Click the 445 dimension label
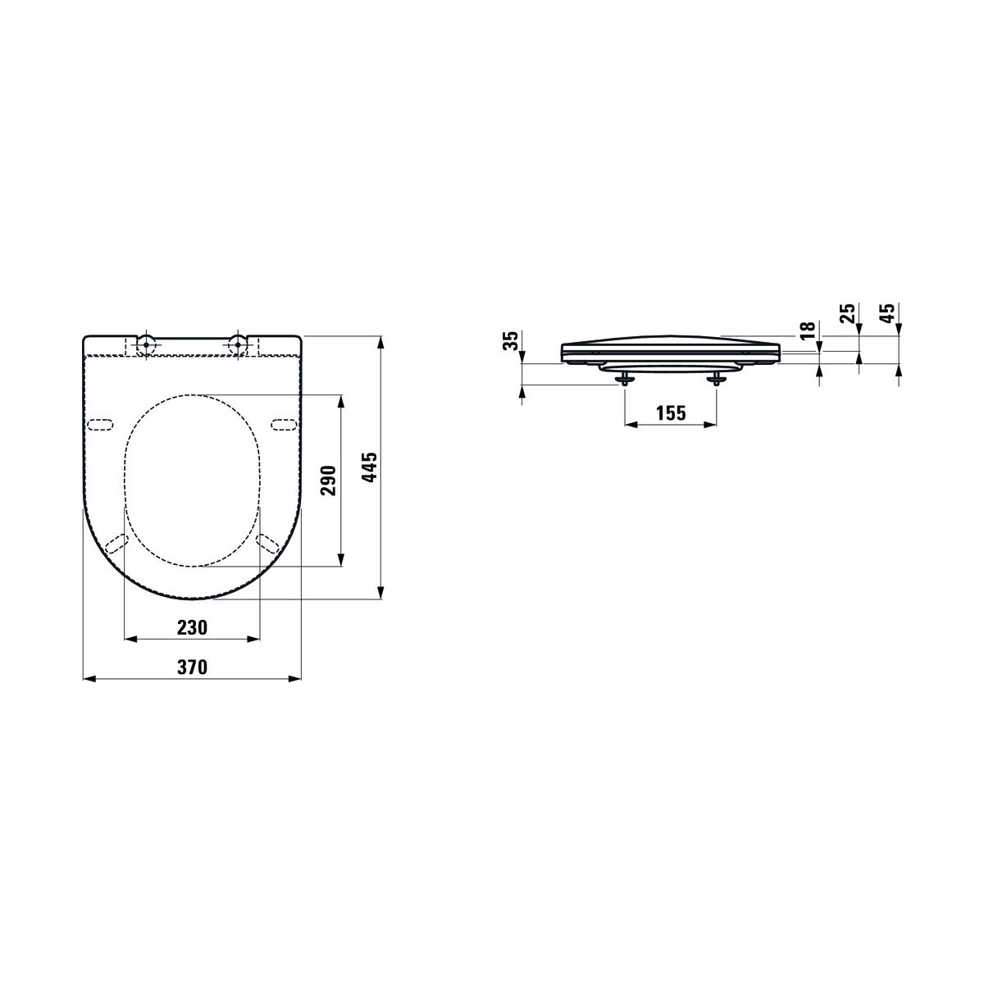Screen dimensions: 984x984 point(369,467)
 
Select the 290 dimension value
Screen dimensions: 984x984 point(328,480)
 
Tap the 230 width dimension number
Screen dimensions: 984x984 point(193,627)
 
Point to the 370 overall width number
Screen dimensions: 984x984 point(193,667)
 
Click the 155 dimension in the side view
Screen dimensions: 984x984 point(671,412)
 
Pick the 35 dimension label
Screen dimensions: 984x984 point(511,340)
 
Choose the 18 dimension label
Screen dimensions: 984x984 point(808,331)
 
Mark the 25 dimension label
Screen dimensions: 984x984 point(847,313)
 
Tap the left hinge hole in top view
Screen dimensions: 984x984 point(147,344)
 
